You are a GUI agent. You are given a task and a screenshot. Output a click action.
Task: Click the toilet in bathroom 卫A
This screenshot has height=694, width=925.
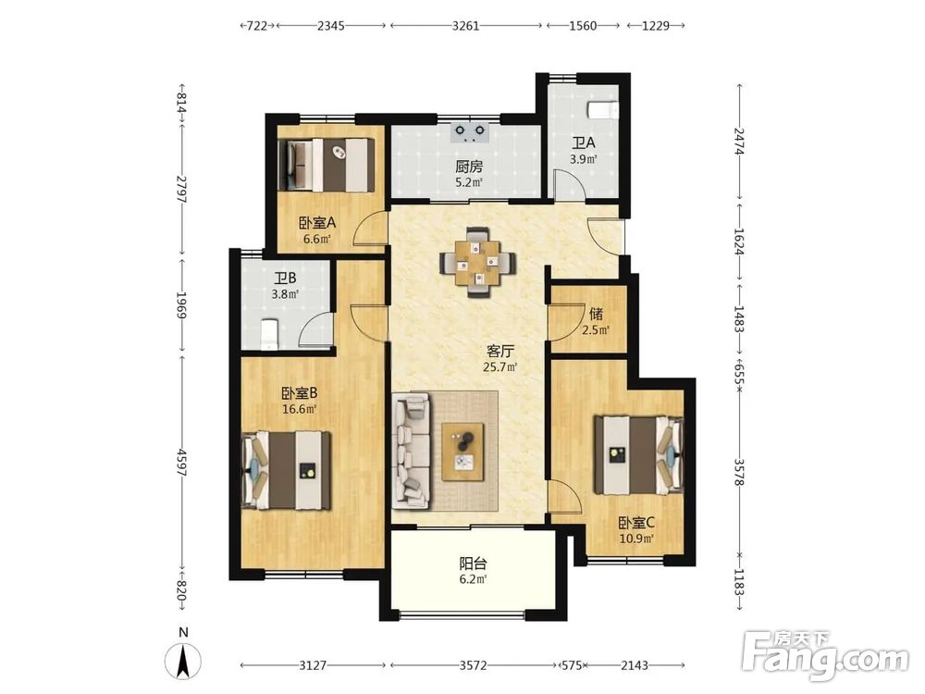(603, 110)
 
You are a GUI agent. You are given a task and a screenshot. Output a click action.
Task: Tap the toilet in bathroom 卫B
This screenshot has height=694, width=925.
(269, 334)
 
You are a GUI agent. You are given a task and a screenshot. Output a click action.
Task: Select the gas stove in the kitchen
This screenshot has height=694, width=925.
(470, 132)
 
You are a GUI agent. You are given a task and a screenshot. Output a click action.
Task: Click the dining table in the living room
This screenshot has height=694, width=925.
(478, 262)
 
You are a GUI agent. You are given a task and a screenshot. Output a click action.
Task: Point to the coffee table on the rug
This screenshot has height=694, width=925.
(463, 451)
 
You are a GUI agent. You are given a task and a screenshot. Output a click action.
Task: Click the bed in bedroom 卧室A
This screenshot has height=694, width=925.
(326, 165)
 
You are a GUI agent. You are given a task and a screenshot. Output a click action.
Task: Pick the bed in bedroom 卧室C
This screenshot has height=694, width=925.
(639, 455)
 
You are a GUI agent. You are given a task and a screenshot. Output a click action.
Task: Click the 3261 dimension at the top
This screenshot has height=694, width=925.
(466, 26)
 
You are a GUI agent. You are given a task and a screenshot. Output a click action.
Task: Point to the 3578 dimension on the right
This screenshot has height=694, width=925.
(739, 472)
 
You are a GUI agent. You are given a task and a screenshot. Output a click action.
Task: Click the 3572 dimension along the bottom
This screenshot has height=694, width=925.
(473, 665)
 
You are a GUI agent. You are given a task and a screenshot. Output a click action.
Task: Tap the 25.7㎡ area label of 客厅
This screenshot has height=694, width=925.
(500, 367)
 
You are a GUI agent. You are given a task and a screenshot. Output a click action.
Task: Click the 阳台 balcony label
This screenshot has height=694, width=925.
(473, 564)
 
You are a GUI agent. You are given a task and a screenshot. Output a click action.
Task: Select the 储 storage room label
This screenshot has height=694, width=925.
(596, 314)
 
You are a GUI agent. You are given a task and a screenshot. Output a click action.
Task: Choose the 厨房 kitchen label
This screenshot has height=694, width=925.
(469, 167)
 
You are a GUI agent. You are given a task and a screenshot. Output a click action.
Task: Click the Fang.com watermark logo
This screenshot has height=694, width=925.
(825, 656)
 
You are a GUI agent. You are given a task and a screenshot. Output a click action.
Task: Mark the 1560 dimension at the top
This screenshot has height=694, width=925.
(584, 26)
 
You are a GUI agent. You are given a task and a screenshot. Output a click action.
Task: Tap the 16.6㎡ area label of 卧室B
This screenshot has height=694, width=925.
(300, 409)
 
